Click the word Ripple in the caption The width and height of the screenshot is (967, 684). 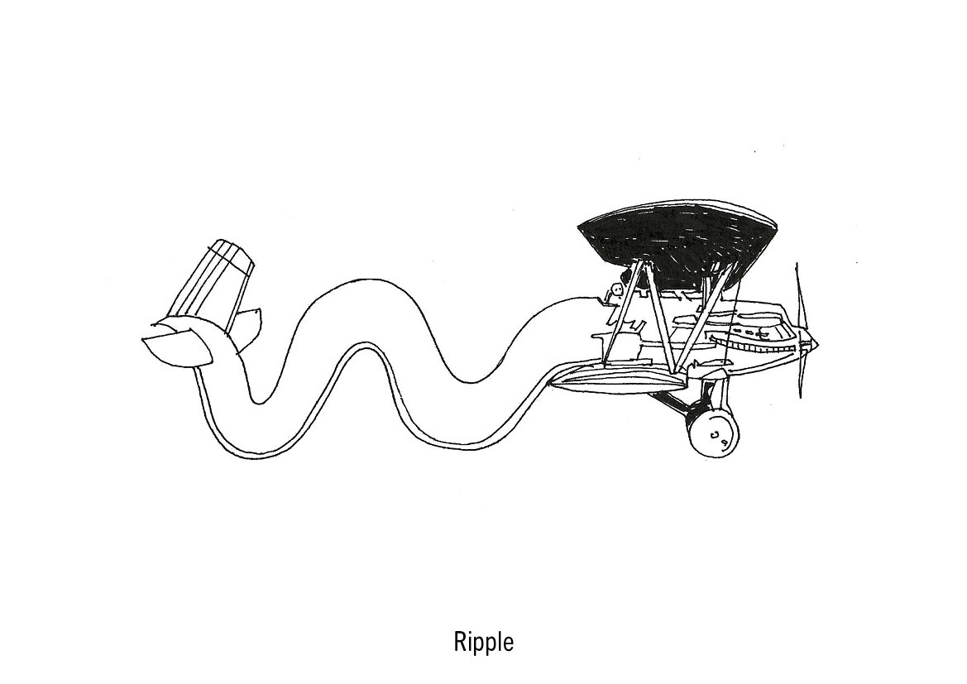click(x=483, y=642)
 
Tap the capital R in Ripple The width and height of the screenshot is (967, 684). click(x=460, y=641)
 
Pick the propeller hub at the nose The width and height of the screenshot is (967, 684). click(x=812, y=342)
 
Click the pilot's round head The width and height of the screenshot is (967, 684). click(x=615, y=290)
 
